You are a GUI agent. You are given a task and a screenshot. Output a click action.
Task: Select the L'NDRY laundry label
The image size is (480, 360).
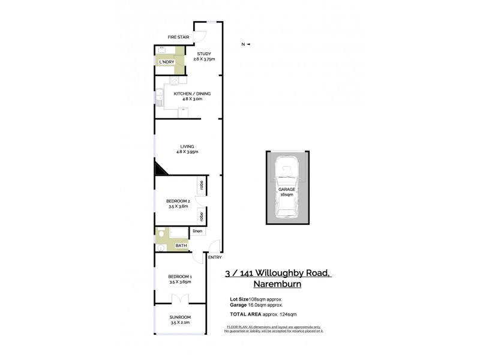(166, 62)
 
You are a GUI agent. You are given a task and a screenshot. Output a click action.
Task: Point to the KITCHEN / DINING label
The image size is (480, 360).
(192, 94)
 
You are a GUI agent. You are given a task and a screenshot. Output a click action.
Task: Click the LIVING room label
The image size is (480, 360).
(187, 146)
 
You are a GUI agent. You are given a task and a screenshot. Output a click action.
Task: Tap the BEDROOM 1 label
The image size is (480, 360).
(181, 277)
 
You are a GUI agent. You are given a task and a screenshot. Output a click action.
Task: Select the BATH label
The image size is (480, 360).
(181, 245)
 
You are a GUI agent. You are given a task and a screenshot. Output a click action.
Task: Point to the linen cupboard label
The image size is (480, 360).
(197, 231)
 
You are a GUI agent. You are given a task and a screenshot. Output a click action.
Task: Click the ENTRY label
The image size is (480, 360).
(214, 257)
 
